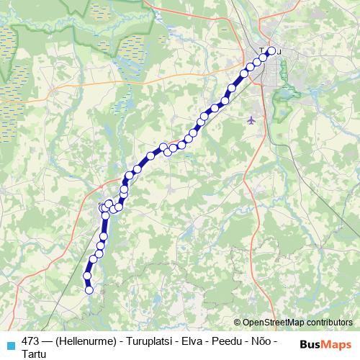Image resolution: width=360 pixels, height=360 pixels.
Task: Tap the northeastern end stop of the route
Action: (x=271, y=51)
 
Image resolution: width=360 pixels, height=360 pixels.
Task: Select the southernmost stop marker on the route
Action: (x=89, y=291)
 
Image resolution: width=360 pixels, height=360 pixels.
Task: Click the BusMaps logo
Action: (x=325, y=344)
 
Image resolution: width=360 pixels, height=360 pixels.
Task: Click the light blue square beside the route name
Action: (x=10, y=345)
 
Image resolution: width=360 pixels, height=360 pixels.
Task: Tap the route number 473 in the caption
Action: (x=30, y=341)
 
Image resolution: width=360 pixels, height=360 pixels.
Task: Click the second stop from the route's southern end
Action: (x=87, y=276)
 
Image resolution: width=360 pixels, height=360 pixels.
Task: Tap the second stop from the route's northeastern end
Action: (x=264, y=57)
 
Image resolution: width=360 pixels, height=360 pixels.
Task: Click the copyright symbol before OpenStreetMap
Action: (x=237, y=323)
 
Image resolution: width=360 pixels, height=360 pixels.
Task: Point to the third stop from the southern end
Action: (x=93, y=260)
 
